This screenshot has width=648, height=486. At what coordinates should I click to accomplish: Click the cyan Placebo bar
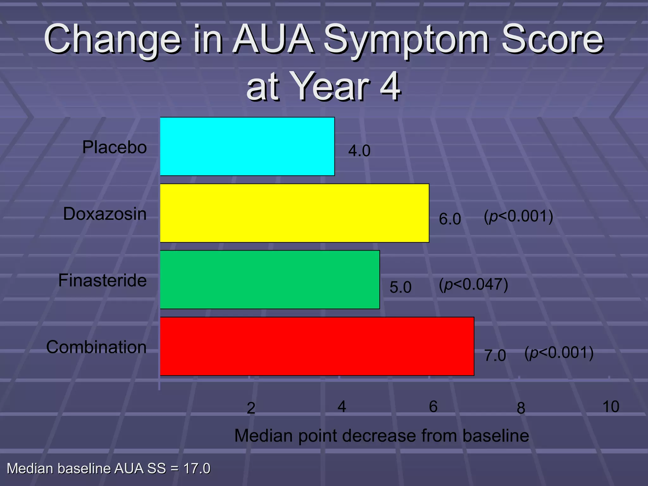[x=247, y=146]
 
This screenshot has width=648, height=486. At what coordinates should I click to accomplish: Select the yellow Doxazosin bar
[x=294, y=213]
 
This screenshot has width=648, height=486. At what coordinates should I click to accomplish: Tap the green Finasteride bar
[x=270, y=279]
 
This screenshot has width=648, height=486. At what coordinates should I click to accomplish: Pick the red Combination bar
[x=317, y=346]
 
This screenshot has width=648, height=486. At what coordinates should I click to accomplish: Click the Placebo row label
[x=115, y=147]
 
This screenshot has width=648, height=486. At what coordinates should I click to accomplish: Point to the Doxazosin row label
[x=105, y=214]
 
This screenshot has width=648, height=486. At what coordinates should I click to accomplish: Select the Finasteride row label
[x=103, y=281]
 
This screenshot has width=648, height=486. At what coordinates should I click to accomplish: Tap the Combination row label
[x=97, y=347]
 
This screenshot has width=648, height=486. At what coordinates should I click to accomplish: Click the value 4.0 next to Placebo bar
[x=359, y=151]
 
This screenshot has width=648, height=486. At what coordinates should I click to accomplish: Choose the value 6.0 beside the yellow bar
[x=450, y=219]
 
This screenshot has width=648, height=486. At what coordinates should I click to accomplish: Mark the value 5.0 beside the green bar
[x=400, y=287]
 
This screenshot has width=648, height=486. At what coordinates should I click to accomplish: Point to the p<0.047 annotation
[x=473, y=284]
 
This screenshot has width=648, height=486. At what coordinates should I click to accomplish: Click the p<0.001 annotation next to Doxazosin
[x=518, y=216]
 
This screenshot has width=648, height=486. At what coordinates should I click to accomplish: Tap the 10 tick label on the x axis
[x=610, y=407]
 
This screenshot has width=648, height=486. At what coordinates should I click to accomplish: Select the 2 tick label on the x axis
[x=251, y=408]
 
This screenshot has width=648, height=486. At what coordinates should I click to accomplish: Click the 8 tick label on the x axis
[x=521, y=408]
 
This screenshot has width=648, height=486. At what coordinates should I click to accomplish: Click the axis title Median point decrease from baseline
[x=381, y=436]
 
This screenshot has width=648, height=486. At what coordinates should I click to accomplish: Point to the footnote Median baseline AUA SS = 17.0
[x=109, y=469]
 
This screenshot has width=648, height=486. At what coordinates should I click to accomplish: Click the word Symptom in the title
[x=406, y=40]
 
